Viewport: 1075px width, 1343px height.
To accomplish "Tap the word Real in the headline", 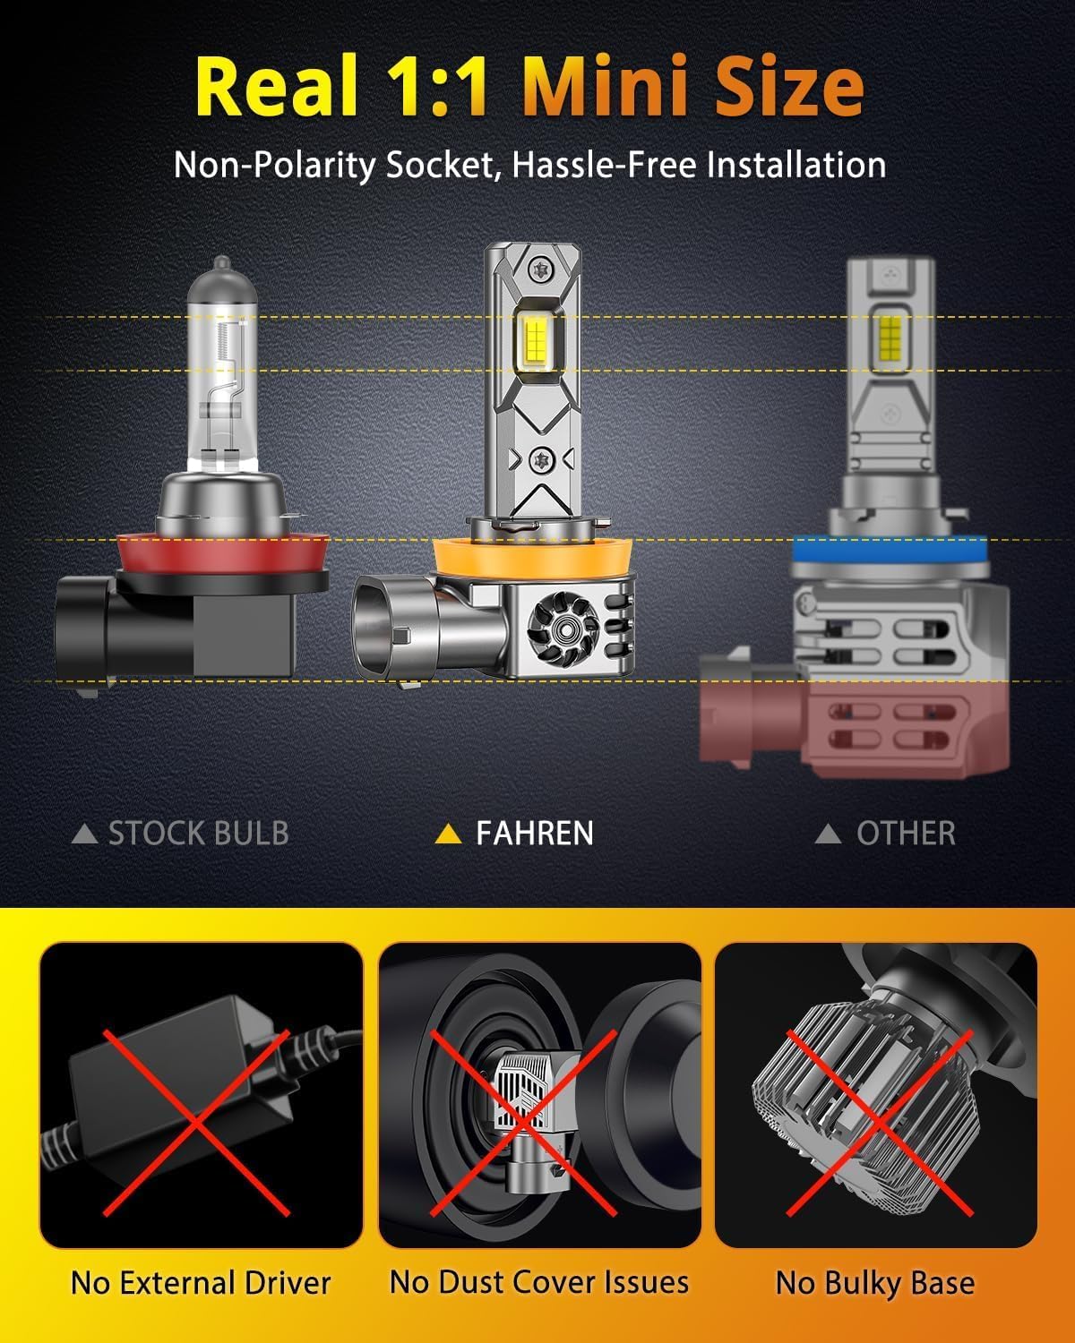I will tap(276, 87).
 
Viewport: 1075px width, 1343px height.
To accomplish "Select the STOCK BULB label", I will tap(198, 834).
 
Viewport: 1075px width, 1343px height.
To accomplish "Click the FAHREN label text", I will tap(534, 834).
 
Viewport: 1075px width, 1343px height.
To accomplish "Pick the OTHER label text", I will tap(906, 834).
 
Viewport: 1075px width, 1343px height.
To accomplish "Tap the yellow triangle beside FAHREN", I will tap(447, 834).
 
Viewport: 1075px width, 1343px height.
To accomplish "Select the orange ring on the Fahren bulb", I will tap(534, 560).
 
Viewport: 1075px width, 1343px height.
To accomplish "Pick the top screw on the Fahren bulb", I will tap(539, 267).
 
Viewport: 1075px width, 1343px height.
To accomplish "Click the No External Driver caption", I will tap(201, 1283).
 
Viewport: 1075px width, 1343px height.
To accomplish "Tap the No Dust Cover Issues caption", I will tap(539, 1282).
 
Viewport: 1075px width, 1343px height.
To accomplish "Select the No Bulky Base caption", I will tap(875, 1283).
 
